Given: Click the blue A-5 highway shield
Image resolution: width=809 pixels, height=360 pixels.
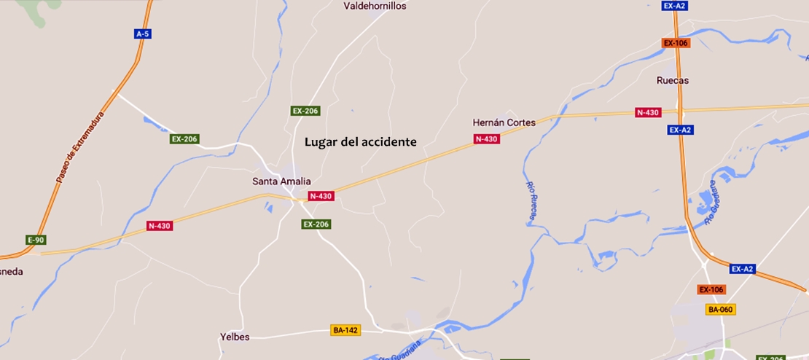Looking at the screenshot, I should click(144, 34).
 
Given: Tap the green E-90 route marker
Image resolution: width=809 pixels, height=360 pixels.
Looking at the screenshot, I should click(36, 240).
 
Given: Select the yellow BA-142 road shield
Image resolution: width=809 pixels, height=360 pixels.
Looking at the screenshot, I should click(345, 330).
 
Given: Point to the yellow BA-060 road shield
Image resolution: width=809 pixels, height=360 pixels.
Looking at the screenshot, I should click(720, 310).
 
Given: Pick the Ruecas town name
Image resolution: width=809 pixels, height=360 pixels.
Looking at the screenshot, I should click(672, 80).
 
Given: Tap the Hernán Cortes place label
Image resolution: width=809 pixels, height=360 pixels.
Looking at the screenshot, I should click(504, 122).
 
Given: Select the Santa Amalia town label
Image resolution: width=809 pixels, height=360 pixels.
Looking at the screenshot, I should click(281, 181).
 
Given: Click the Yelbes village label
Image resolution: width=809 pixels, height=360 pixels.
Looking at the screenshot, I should click(235, 337).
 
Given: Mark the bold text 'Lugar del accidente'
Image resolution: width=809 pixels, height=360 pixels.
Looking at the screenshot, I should click(360, 141).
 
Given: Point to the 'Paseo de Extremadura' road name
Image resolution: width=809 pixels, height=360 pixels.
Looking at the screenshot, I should click(80, 147).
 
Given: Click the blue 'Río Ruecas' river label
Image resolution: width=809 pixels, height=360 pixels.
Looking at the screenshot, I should click(531, 197).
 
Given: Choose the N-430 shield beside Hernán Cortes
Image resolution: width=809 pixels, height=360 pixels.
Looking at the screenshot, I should click(486, 139).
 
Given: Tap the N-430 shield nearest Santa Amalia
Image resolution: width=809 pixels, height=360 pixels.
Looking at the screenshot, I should click(321, 196).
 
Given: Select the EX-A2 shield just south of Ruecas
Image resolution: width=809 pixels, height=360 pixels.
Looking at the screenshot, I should click(679, 130).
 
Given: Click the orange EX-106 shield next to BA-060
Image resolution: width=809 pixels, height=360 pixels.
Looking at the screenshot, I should click(711, 289).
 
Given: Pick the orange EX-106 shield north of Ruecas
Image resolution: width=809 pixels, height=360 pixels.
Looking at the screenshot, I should click(676, 43).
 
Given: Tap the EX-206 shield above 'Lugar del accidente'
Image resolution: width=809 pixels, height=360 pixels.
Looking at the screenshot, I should click(305, 111).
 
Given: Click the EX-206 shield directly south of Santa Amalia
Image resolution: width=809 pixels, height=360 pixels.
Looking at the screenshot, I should click(316, 224).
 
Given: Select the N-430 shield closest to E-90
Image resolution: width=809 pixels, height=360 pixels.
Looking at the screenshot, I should click(159, 226).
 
